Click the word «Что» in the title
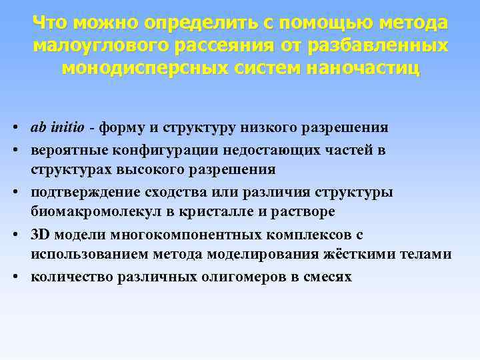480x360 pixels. pyautogui.click(x=51, y=24)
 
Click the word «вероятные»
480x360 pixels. pyautogui.click(x=63, y=149)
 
